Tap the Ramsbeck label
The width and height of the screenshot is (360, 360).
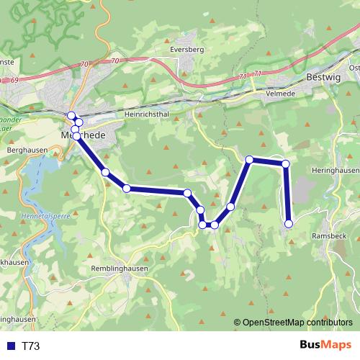click(x=328, y=235)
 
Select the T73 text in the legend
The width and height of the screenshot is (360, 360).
click(x=31, y=346)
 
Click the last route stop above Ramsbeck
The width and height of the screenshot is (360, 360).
click(x=289, y=224)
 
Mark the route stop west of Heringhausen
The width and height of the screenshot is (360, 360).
click(x=286, y=164)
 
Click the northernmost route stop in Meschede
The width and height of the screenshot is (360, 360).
click(x=71, y=116)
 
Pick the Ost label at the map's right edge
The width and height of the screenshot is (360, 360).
click(x=354, y=68)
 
